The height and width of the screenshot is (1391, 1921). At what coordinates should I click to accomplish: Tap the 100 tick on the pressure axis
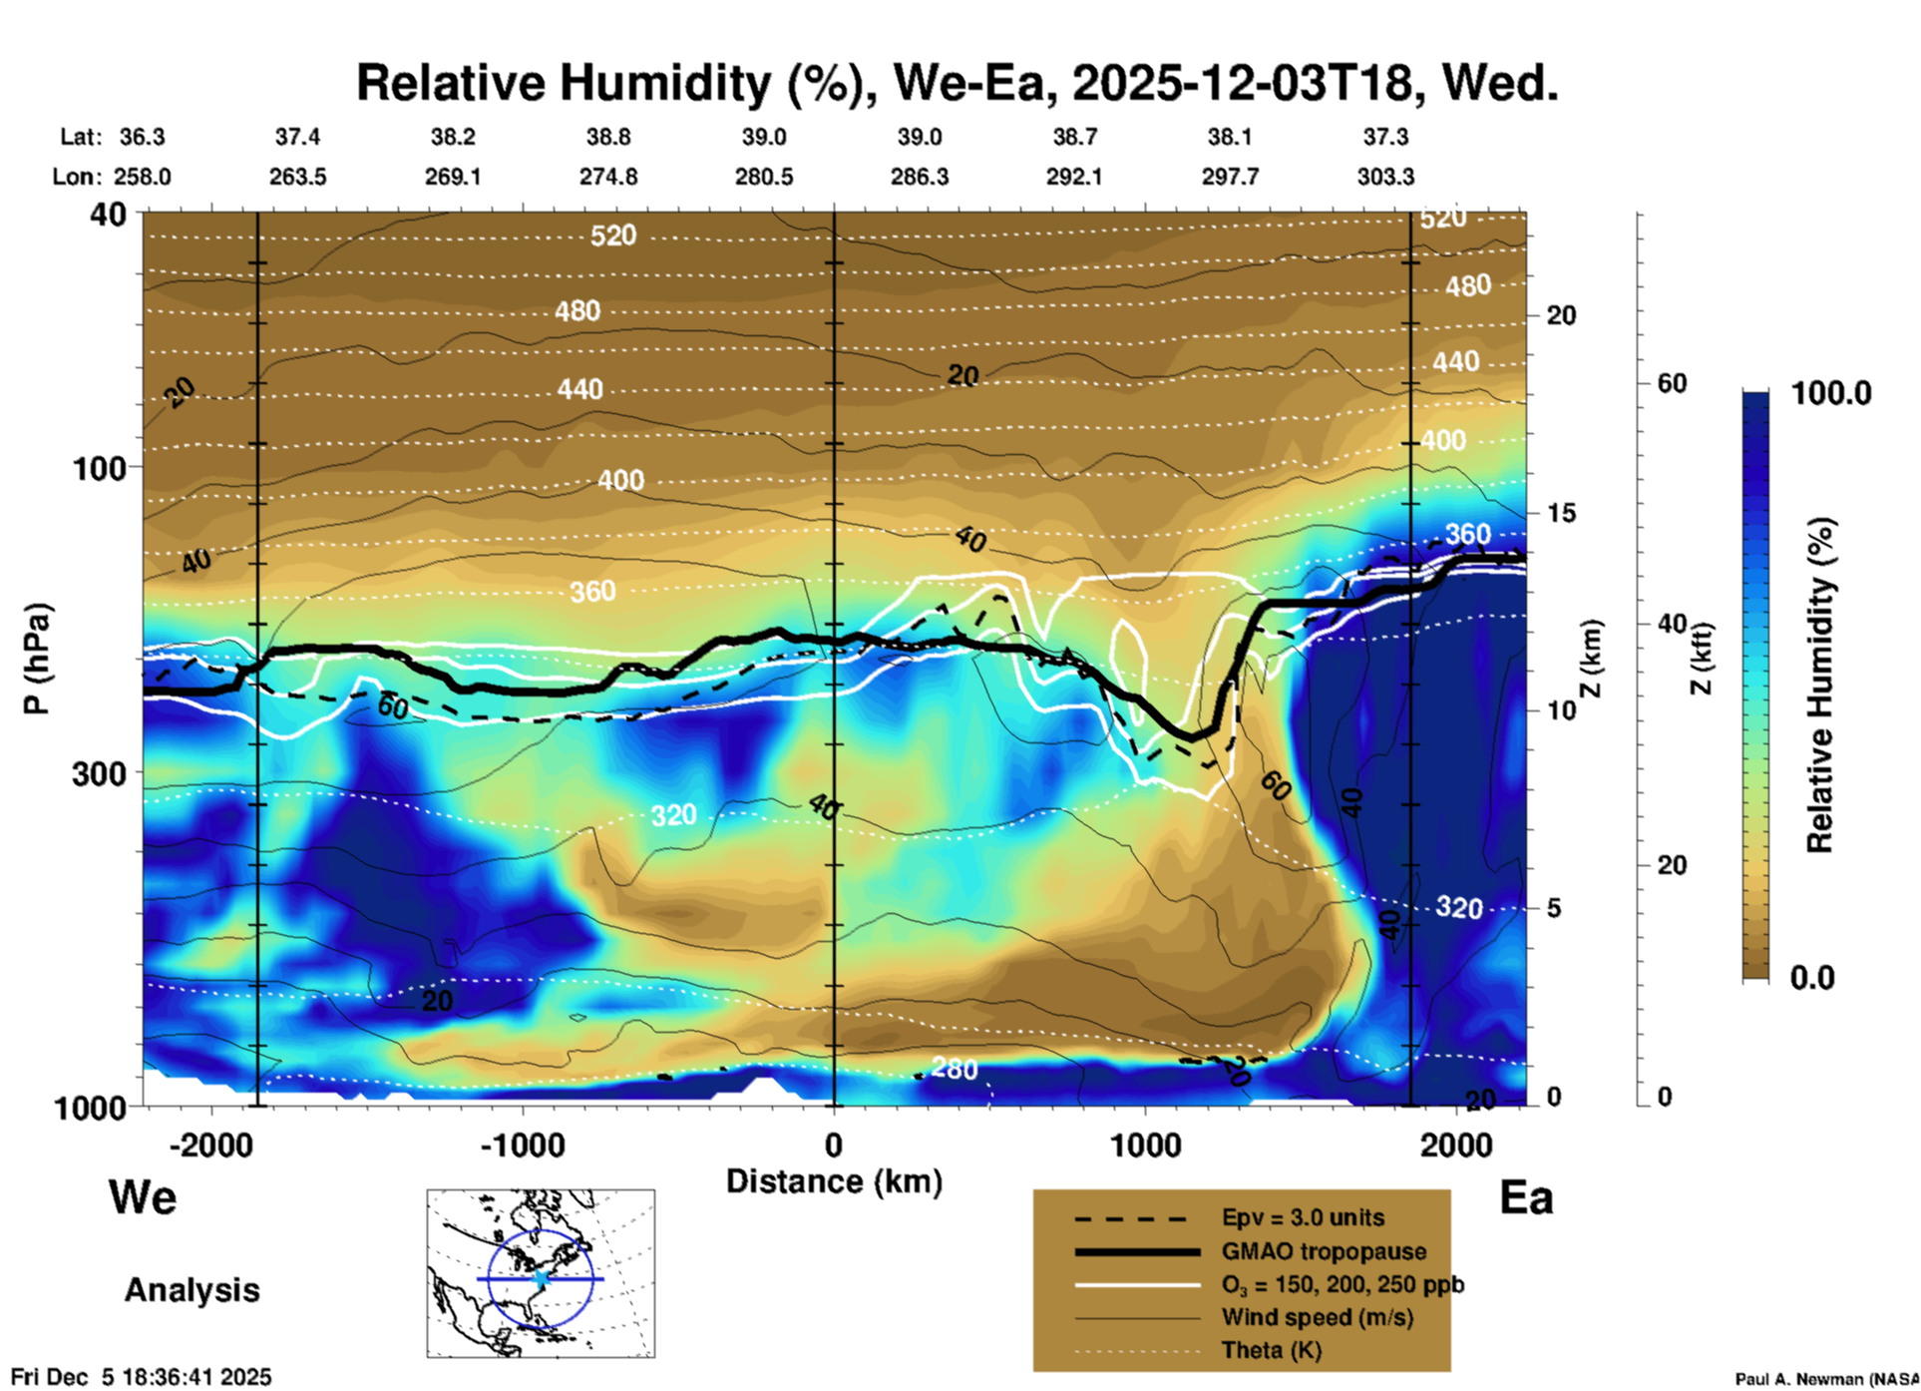[106, 467]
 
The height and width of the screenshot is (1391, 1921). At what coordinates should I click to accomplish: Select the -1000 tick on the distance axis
[523, 1145]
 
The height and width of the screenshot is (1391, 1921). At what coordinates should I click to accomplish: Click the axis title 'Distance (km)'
[834, 1181]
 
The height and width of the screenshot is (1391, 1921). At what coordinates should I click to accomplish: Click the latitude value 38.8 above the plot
[607, 137]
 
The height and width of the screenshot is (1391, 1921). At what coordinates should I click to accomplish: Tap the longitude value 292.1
[1074, 177]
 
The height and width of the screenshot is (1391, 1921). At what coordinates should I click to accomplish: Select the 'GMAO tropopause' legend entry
[1324, 1251]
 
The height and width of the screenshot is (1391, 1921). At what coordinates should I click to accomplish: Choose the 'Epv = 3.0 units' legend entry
[1302, 1218]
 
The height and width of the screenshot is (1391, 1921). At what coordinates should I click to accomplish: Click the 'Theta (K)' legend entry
[1271, 1351]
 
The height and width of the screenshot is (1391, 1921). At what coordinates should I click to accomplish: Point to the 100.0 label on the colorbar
[1830, 393]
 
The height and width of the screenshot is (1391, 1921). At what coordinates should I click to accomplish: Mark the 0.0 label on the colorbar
[1812, 978]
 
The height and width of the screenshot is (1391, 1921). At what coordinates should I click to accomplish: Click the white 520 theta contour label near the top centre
[612, 235]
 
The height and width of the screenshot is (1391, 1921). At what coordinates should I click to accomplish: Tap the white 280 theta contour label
[954, 1069]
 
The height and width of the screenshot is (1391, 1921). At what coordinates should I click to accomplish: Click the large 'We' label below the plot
[143, 1196]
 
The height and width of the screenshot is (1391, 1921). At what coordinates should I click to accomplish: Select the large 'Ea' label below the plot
[1525, 1197]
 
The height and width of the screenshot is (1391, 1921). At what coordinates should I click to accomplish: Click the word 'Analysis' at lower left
[192, 1290]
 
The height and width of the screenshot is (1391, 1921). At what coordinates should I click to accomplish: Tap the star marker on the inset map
[542, 1278]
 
